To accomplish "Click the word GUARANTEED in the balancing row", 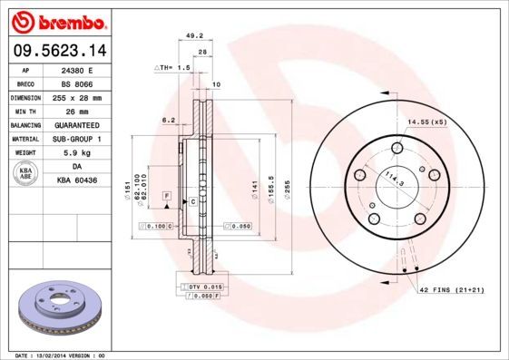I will tap(75, 125).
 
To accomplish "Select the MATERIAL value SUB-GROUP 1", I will tap(75, 139).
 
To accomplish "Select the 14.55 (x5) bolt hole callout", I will tap(428, 121).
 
